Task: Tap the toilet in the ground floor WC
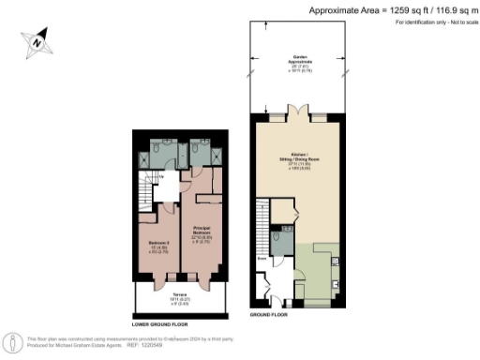pyautogui.click(x=284, y=241)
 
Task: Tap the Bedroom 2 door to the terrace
pyautogui.click(x=157, y=278)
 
